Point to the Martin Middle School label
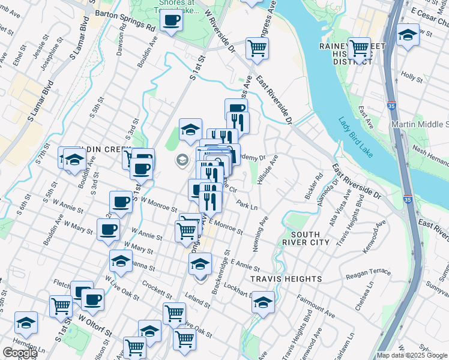(x=420, y=124)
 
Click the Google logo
(x=20, y=353)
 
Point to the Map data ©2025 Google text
(x=412, y=355)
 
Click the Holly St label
(x=412, y=77)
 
